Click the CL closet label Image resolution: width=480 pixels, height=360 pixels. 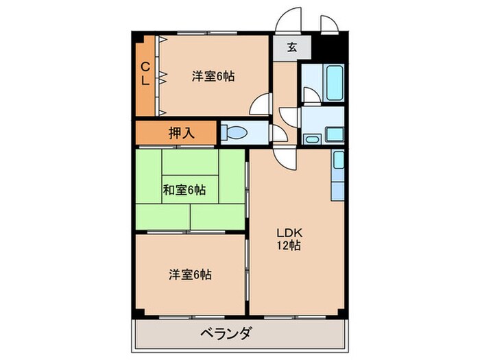(x=145, y=73)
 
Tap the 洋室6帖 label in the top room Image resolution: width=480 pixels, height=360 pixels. (x=213, y=77)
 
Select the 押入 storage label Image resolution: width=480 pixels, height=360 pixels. (x=182, y=133)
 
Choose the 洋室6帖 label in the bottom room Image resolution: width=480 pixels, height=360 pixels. (x=190, y=275)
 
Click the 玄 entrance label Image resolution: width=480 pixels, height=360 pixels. (x=291, y=48)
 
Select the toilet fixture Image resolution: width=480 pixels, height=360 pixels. (x=237, y=132)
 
